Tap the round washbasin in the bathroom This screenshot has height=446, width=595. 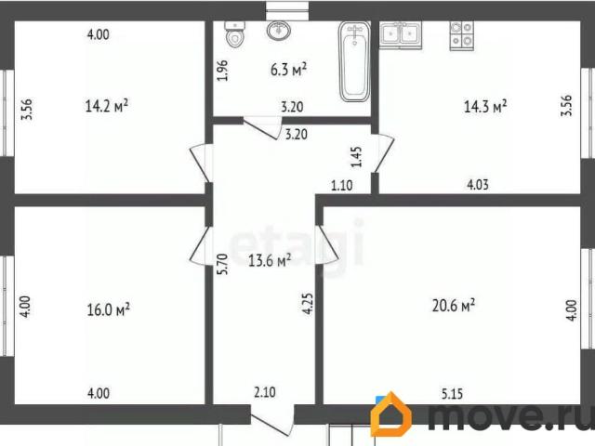pyautogui.click(x=277, y=32)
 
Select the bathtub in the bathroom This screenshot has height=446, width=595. pyautogui.click(x=353, y=62)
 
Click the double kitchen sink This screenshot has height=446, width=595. pyautogui.click(x=401, y=34)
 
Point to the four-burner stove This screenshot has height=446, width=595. pyautogui.click(x=461, y=34)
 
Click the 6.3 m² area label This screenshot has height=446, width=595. pyautogui.click(x=288, y=70)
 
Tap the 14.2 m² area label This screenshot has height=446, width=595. pyautogui.click(x=106, y=106)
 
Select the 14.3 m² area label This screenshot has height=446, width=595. pyautogui.click(x=485, y=107)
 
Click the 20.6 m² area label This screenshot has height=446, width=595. pyautogui.click(x=455, y=304)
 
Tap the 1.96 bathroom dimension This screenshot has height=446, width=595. pyautogui.click(x=222, y=71)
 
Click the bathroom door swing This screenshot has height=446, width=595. pyautogui.click(x=262, y=129)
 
